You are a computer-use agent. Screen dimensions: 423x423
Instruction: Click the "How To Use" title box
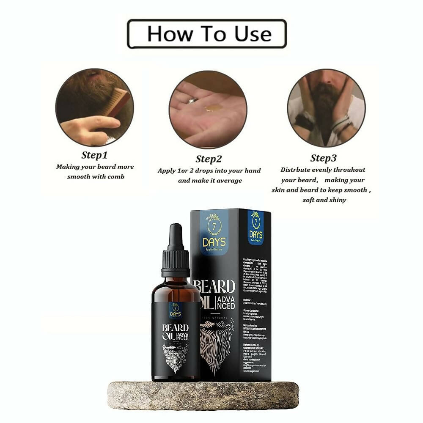click(207, 34)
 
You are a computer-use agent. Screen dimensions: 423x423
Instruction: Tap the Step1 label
click(94, 154)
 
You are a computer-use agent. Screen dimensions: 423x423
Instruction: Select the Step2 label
click(209, 159)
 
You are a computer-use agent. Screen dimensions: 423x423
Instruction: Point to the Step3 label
click(323, 158)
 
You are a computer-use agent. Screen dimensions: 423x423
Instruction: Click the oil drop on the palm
click(210, 108)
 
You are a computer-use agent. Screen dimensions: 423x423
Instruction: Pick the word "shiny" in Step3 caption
click(337, 200)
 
